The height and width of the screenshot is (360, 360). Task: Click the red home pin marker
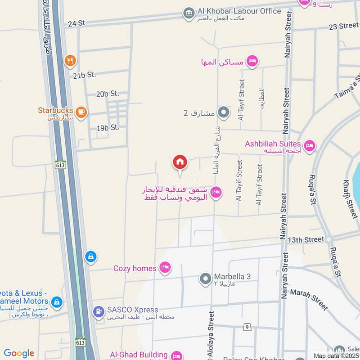[180, 162]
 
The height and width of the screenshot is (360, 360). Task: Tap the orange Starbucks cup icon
[81, 112]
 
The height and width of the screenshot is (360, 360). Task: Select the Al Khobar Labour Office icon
[189, 13]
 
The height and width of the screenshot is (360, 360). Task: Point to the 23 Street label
[343, 26]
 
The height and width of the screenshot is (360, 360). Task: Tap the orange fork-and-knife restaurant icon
[70, 60]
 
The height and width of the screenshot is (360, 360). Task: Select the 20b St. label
[108, 94]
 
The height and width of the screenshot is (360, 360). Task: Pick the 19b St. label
[108, 128]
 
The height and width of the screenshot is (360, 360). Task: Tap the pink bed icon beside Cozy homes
[166, 268]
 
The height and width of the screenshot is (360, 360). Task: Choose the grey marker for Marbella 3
[205, 279]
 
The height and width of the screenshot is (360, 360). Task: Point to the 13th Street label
[306, 240]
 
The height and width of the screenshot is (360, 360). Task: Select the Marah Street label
[309, 299]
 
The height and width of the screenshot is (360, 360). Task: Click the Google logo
[19, 353]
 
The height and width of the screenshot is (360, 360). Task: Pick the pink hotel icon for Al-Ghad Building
[176, 355]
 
